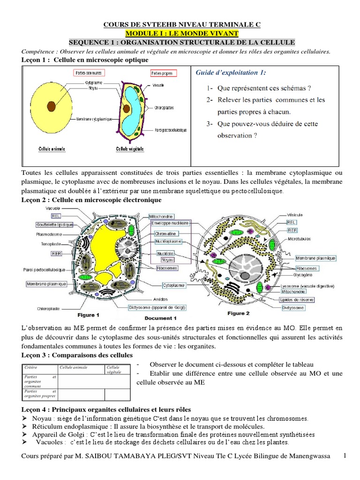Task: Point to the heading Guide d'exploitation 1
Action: coord(230,73)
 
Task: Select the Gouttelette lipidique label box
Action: coord(49,224)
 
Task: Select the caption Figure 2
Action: coord(239,313)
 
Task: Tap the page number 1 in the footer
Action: coord(345,456)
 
